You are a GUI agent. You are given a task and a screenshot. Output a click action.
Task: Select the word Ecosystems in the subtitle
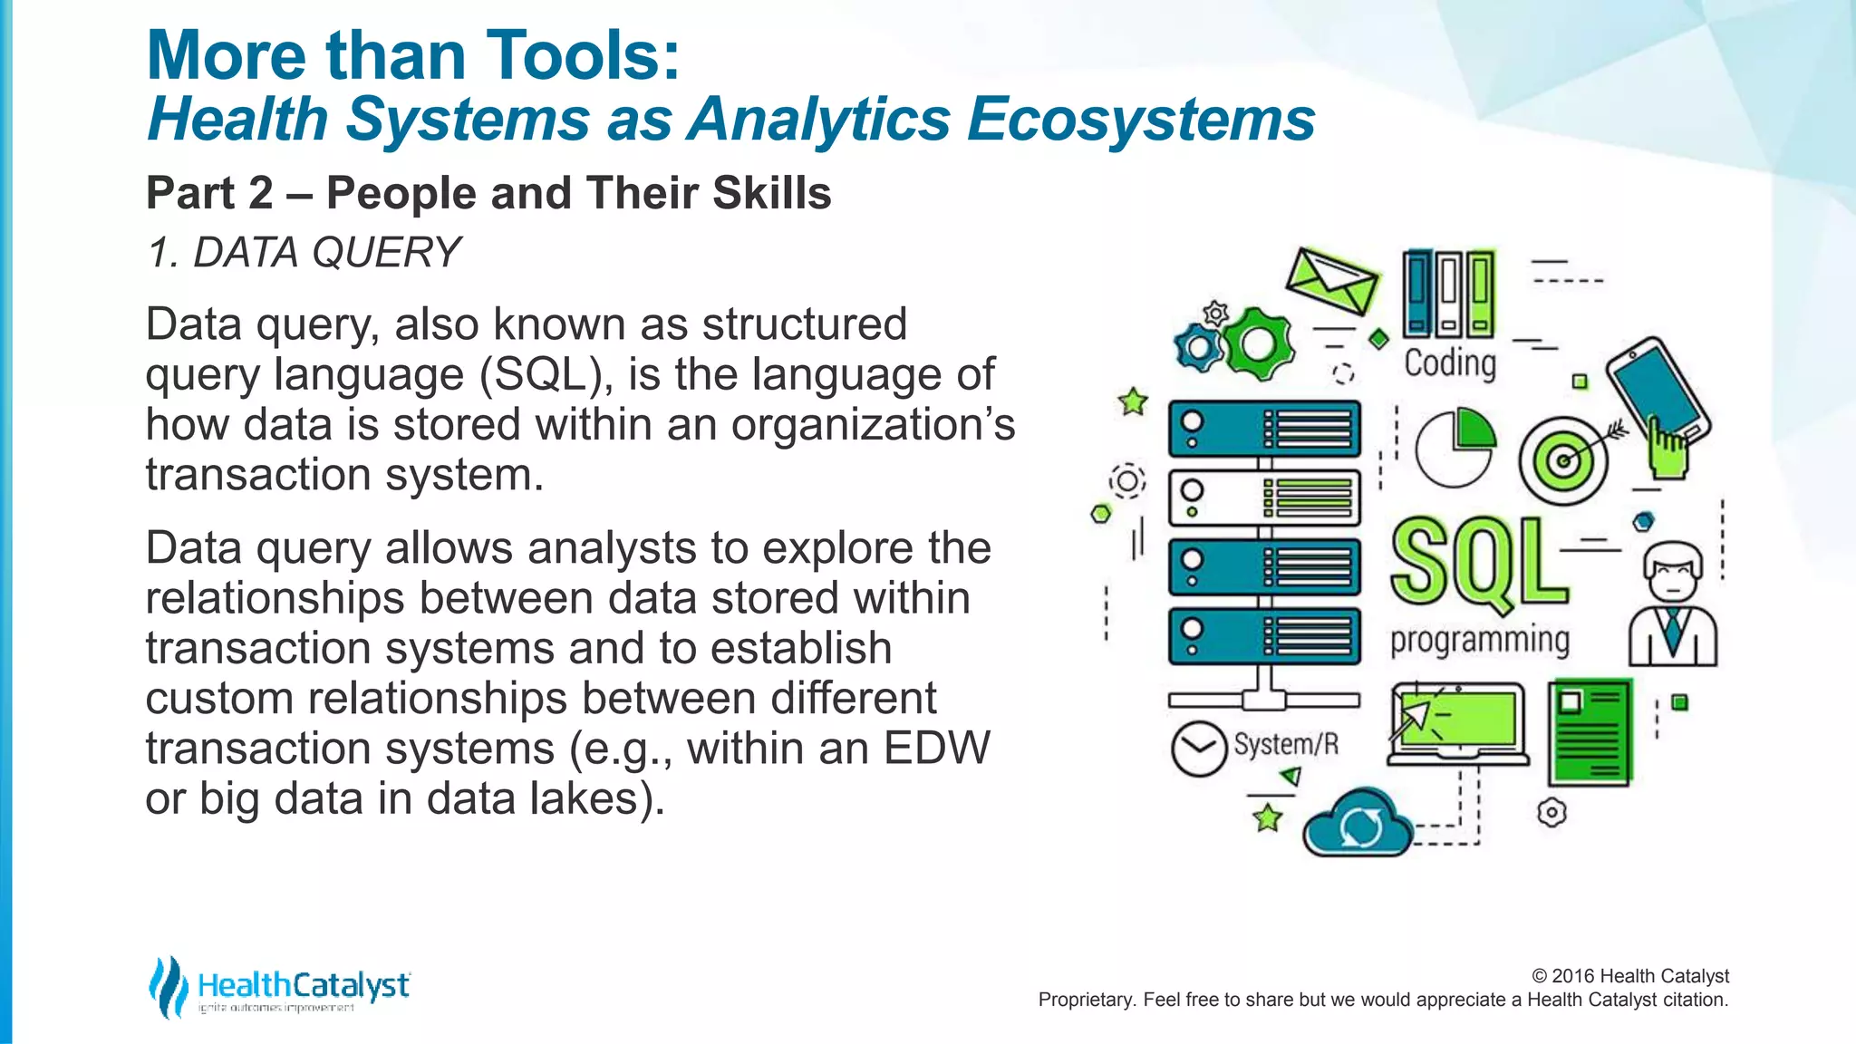click(x=1140, y=120)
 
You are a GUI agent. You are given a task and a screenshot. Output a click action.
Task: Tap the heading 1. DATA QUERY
click(x=304, y=252)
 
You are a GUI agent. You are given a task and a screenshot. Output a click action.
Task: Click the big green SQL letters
click(x=1479, y=562)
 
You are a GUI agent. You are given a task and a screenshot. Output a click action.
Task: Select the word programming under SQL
click(x=1480, y=640)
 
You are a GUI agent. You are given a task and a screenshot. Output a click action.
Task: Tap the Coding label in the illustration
click(x=1450, y=363)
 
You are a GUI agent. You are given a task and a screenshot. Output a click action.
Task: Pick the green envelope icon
click(x=1332, y=282)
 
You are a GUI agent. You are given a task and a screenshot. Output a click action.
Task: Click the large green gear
click(x=1257, y=343)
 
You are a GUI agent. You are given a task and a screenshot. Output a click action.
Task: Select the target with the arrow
click(x=1563, y=460)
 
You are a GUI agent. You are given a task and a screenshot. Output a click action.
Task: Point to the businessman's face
click(x=1673, y=574)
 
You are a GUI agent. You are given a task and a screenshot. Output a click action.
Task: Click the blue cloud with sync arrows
click(x=1358, y=825)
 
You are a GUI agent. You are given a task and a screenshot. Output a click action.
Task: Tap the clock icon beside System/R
click(x=1198, y=749)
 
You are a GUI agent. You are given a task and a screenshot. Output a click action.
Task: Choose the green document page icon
click(x=1590, y=732)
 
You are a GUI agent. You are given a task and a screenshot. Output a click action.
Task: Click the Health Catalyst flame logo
click(x=169, y=986)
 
